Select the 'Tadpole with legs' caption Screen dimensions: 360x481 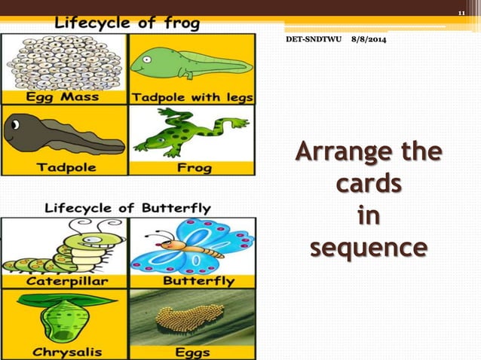click(x=193, y=97)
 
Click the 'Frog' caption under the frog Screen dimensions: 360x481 click(x=194, y=167)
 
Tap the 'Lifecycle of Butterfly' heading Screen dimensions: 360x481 click(x=128, y=208)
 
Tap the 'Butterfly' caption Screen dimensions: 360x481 click(x=198, y=281)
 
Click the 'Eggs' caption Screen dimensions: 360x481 click(x=193, y=351)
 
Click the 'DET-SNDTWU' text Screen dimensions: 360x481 click(x=313, y=38)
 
